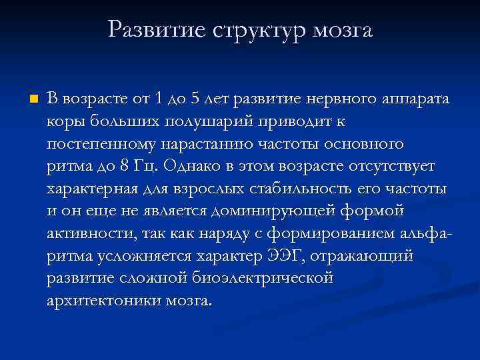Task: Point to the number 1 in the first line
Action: coord(157,99)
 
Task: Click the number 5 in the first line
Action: coord(195,99)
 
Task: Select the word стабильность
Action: coord(303,189)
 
